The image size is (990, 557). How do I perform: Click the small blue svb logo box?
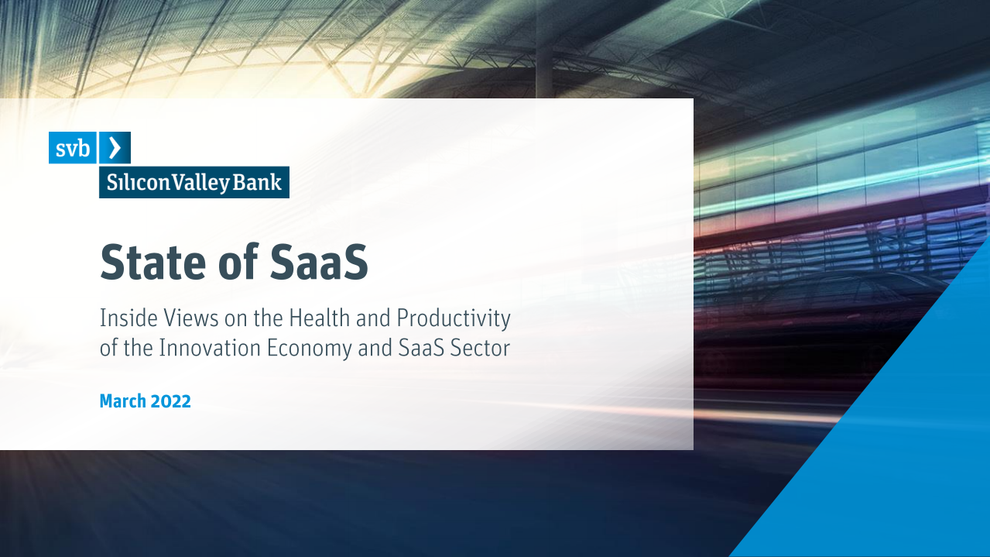pos(73,148)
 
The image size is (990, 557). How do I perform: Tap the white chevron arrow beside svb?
pos(115,147)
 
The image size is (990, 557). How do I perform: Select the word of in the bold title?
pos(236,263)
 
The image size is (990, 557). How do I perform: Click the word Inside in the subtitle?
pos(124,318)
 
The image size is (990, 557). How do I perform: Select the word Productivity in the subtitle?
pos(454,318)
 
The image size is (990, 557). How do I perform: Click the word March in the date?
pos(123,401)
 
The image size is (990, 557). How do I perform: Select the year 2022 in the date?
pos(171,401)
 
